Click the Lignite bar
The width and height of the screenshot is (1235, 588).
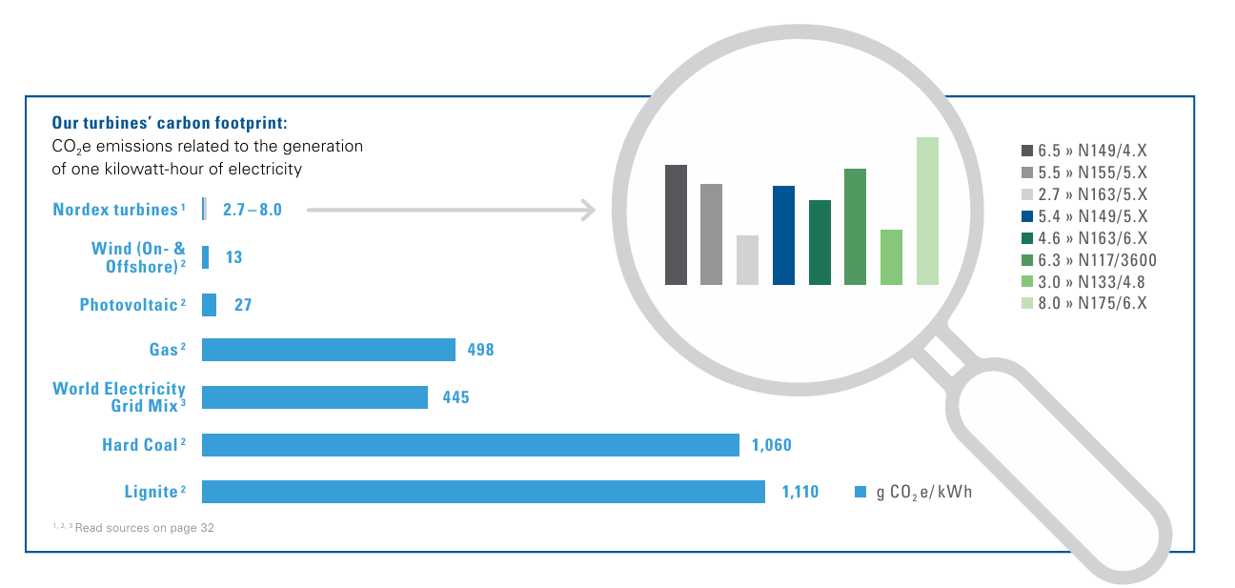coord(483,492)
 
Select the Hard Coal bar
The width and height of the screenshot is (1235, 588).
coord(471,445)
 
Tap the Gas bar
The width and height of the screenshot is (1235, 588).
coord(329,350)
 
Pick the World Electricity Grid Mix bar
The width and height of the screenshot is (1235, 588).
coord(314,397)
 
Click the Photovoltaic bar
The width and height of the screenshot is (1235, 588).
coord(209,304)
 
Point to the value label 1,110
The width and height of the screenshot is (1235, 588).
coord(800,492)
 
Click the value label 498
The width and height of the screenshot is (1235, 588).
coord(481,350)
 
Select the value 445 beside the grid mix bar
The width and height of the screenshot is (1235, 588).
coord(456,397)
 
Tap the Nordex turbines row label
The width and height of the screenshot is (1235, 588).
coord(118,210)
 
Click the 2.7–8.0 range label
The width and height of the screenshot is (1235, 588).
coord(252,210)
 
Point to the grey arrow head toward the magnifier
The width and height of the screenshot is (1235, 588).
coord(589,210)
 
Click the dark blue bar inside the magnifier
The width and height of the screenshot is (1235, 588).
coord(783,235)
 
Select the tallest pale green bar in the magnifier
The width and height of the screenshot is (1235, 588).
coord(927,211)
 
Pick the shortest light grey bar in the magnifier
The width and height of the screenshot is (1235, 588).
coord(747,260)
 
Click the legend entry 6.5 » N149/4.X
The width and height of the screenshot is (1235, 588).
coord(1083,151)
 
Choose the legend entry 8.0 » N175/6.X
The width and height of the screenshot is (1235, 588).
coord(1083,303)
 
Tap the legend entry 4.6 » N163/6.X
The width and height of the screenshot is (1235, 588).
coord(1083,238)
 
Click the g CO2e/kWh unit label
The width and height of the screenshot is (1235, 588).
coord(924,492)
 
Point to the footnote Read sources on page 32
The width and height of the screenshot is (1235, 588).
coord(145,528)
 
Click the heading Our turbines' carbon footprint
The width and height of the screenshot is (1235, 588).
coord(170,122)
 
